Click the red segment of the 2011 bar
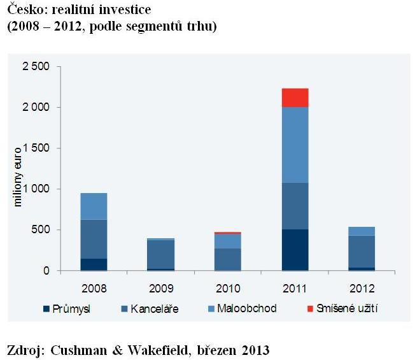click(x=295, y=97)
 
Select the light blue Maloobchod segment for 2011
click(x=295, y=145)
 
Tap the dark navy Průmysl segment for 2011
click(x=295, y=250)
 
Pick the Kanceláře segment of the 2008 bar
click(x=94, y=239)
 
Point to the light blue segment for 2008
click(x=94, y=206)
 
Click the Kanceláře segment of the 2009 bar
click(x=160, y=254)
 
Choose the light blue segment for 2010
click(x=227, y=241)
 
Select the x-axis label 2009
click(x=160, y=284)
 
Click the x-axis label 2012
click(x=362, y=284)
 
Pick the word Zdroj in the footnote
click(x=22, y=349)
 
